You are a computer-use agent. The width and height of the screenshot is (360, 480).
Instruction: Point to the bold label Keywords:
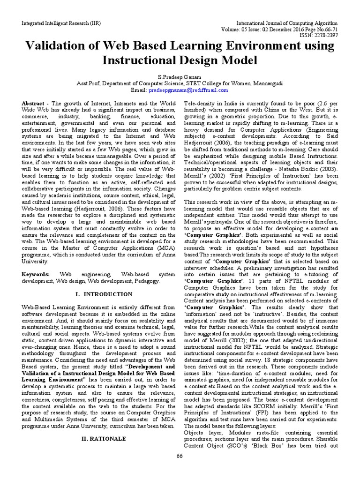click(36, 274)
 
